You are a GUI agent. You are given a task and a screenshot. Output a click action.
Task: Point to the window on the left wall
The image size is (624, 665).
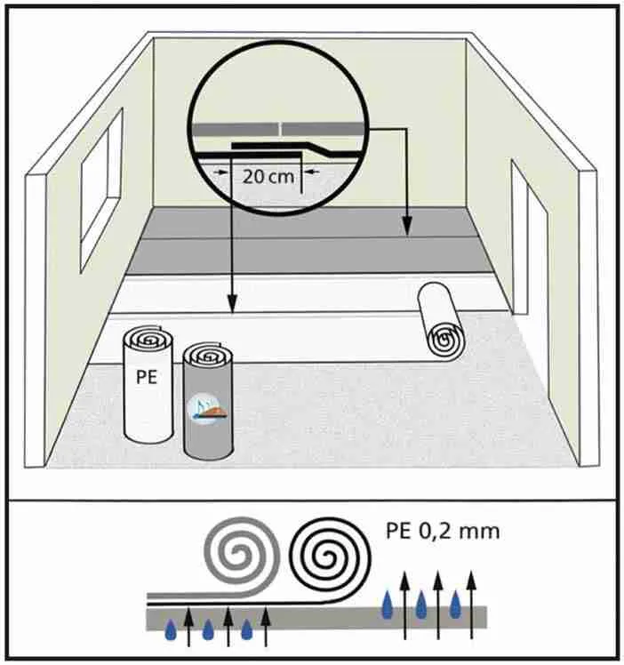[101, 191]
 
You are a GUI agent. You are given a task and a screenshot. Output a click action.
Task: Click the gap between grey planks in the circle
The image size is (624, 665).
[281, 129]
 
